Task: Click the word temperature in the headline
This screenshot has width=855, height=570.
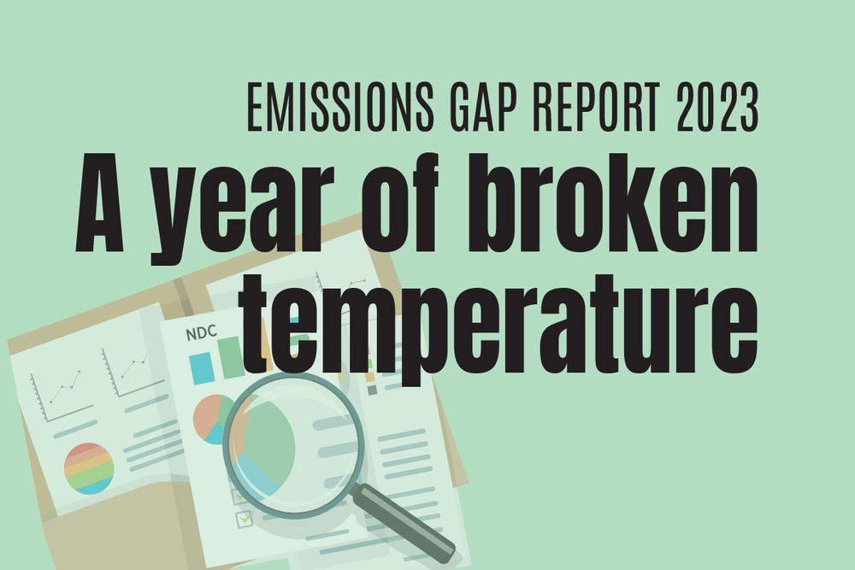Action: (x=499, y=329)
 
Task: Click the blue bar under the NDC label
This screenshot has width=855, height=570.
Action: (x=201, y=367)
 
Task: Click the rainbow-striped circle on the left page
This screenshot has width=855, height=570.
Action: (x=89, y=468)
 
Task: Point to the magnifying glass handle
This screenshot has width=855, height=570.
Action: (x=402, y=522)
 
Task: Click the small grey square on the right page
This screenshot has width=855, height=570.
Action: (x=372, y=390)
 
